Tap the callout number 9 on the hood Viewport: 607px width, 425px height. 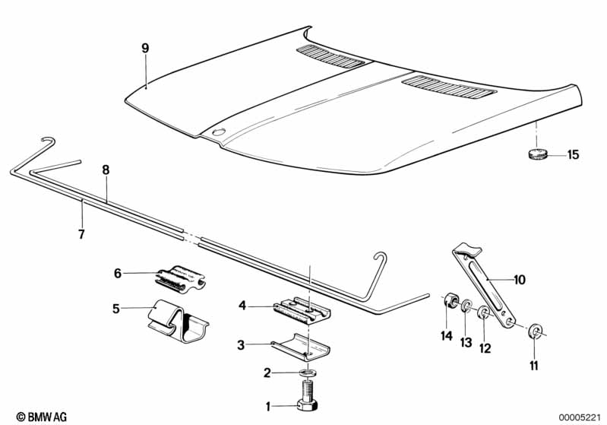click(145, 48)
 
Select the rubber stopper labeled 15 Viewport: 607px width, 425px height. click(538, 154)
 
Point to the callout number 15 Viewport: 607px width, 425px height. click(573, 154)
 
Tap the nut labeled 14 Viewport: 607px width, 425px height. click(448, 300)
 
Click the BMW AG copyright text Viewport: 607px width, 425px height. click(36, 416)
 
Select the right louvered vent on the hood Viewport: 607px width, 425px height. click(448, 87)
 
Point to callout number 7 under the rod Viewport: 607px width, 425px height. click(81, 233)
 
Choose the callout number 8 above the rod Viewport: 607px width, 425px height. click(106, 170)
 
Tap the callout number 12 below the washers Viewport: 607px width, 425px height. click(485, 347)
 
